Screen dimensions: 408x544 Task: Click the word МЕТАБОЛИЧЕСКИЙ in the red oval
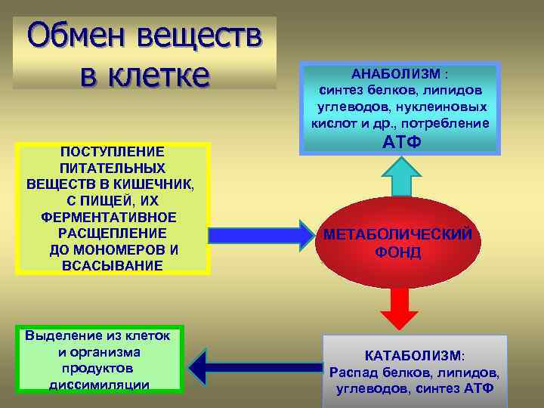[x=398, y=235]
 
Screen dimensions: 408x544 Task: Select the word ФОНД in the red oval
[x=398, y=252]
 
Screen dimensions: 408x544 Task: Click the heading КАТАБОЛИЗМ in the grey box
[x=414, y=355]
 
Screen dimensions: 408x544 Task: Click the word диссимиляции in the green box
[x=98, y=385]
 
